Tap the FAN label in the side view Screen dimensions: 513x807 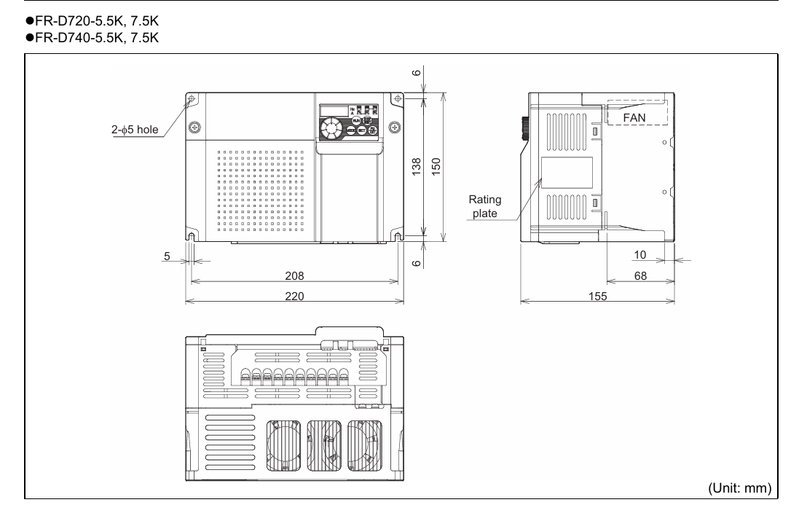click(634, 117)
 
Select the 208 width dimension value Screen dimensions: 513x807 click(294, 276)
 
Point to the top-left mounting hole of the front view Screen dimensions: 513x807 click(192, 99)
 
